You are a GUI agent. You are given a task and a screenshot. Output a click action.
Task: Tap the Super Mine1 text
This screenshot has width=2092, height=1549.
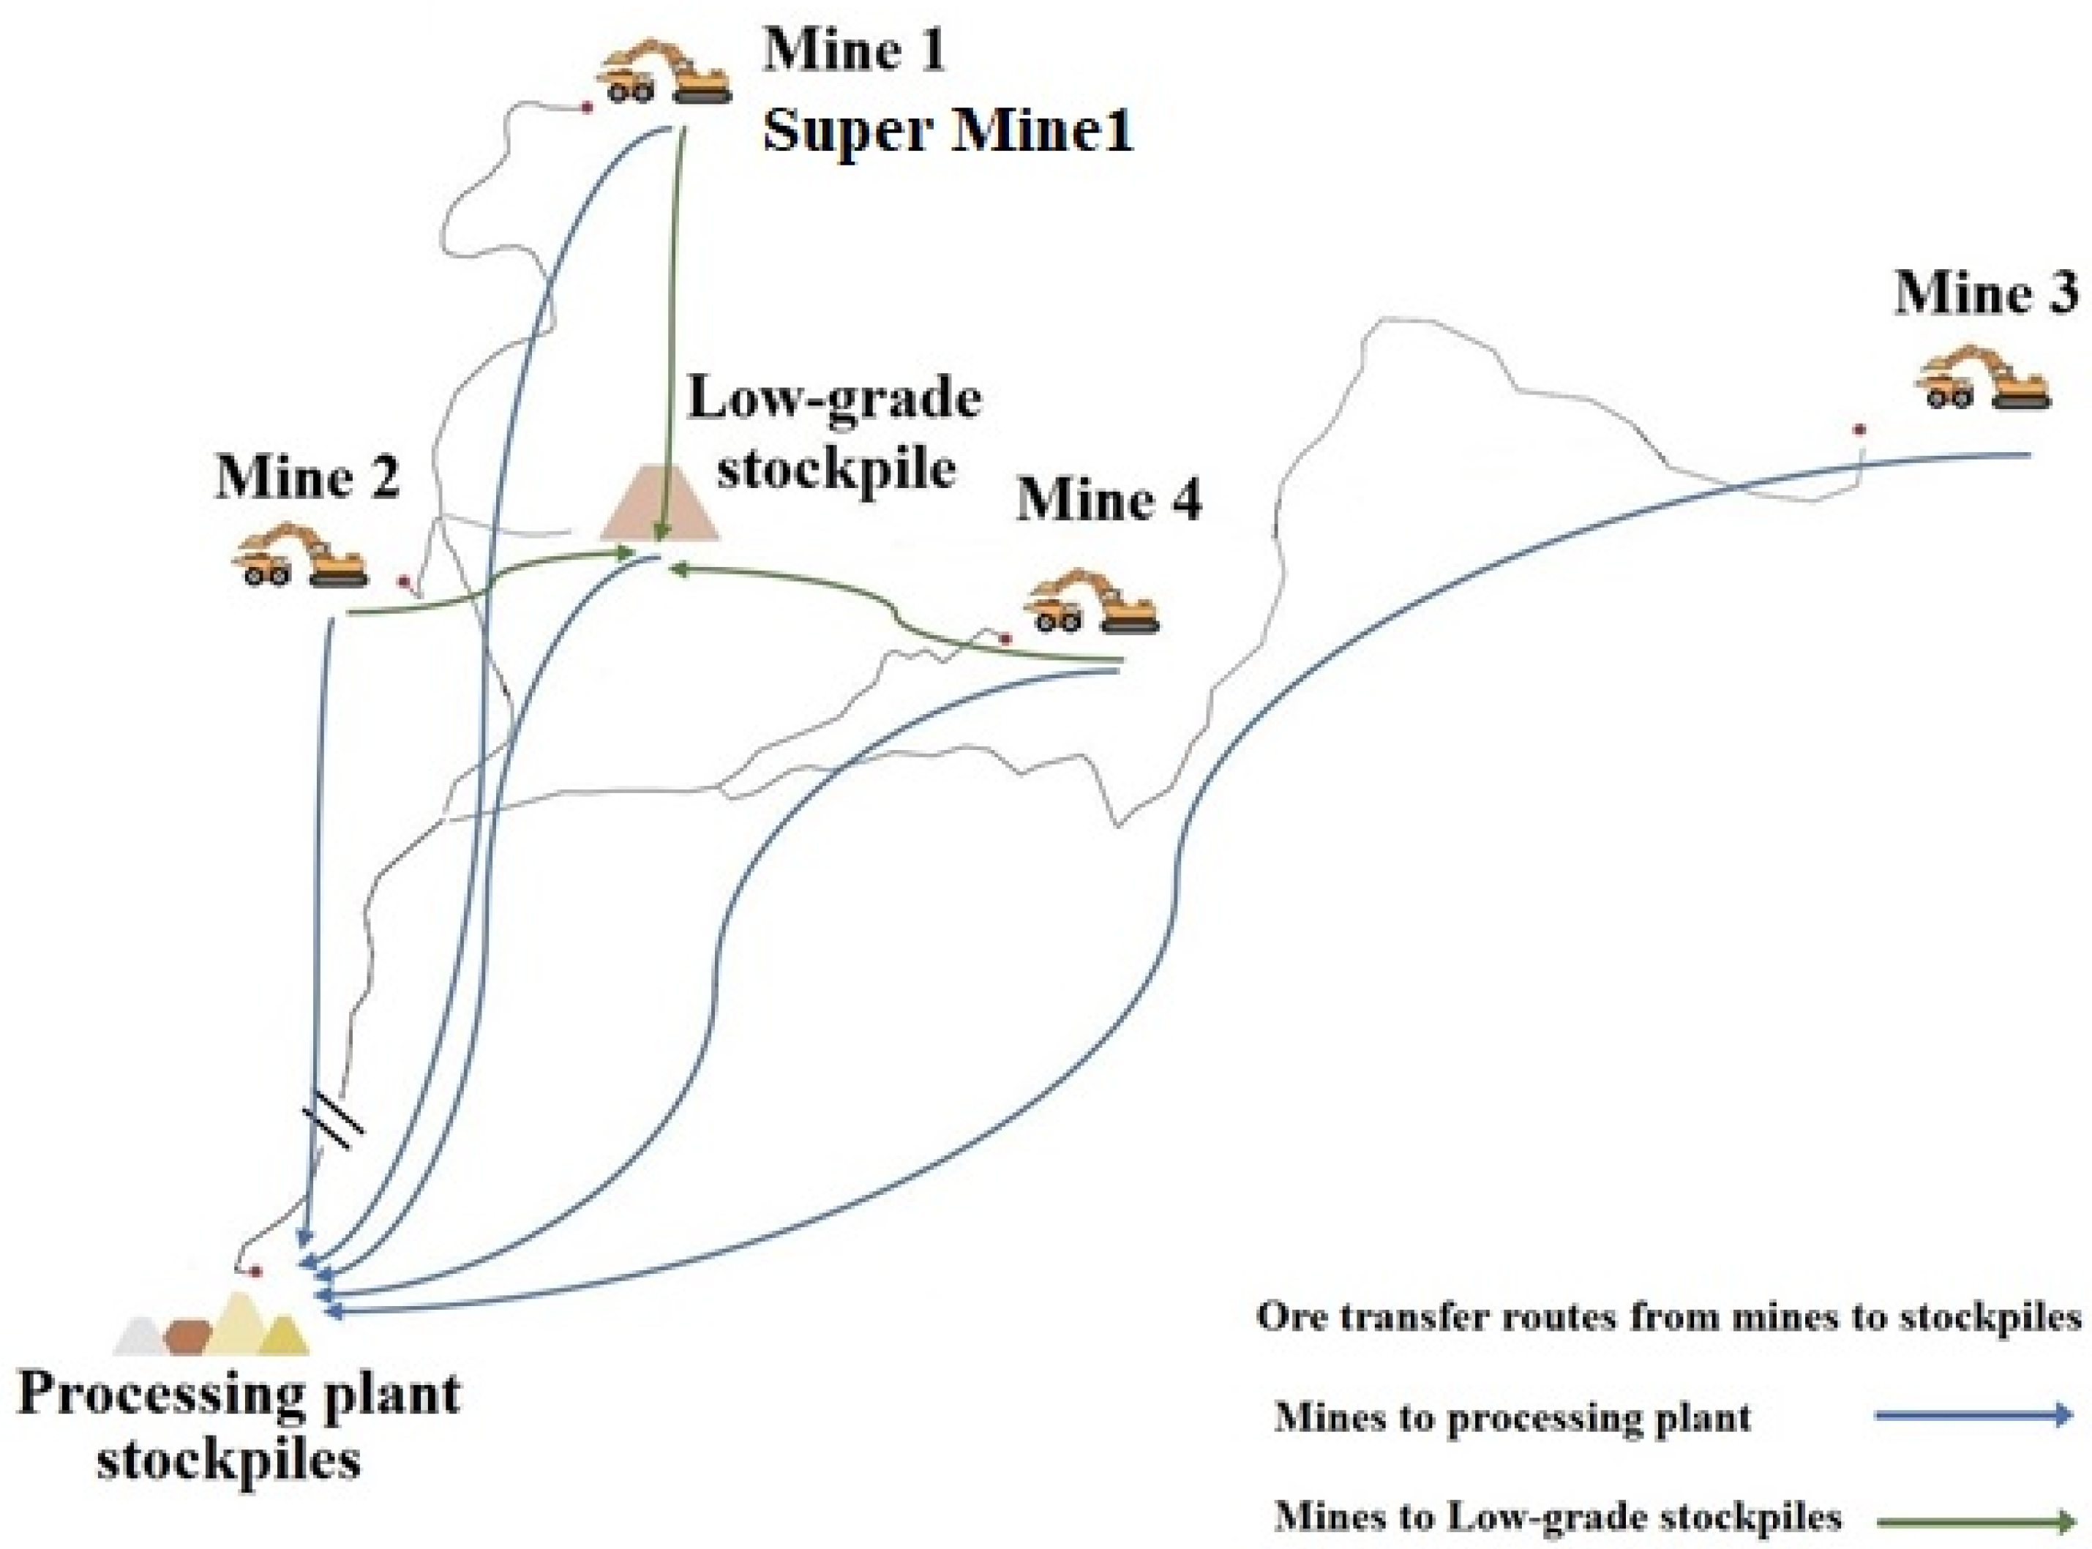tap(947, 130)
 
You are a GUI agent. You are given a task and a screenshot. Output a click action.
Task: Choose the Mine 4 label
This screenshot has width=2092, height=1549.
tap(1109, 499)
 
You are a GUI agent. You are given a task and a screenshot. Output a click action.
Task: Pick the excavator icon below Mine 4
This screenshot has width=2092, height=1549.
tap(1092, 602)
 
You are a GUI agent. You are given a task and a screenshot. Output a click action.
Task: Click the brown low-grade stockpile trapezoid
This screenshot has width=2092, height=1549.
tap(659, 506)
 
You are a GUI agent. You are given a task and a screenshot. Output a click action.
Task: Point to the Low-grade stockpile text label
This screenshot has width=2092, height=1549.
tap(835, 433)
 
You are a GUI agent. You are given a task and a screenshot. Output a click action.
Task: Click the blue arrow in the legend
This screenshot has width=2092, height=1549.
tap(1972, 1416)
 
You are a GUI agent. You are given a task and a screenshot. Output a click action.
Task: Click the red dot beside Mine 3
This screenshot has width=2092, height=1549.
tap(1859, 430)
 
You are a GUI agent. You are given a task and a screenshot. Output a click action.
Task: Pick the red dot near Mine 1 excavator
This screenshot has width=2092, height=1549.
tap(587, 108)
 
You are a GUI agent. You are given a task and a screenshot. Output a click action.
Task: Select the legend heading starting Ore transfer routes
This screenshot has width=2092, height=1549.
tap(1669, 1317)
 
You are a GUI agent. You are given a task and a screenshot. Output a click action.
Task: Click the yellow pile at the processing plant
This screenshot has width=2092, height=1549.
tap(283, 1339)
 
